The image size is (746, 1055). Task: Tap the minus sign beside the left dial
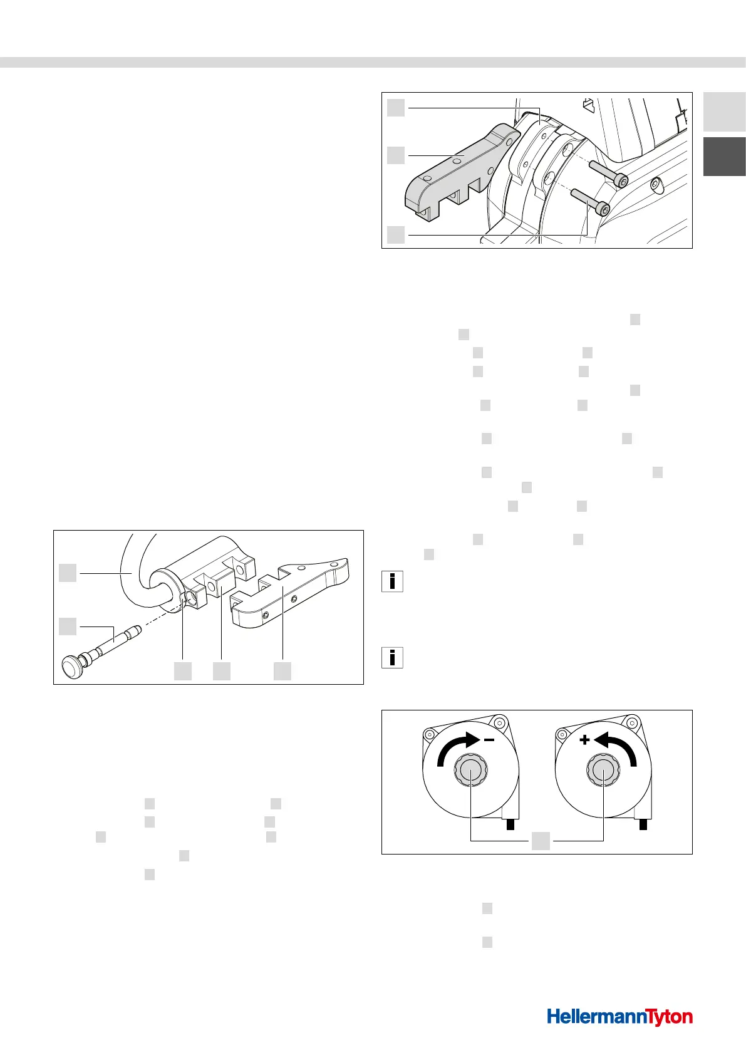click(489, 740)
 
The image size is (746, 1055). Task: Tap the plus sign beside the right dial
click(584, 740)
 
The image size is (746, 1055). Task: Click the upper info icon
click(392, 582)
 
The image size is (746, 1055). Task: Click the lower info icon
click(392, 657)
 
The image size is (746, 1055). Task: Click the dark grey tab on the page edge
click(724, 157)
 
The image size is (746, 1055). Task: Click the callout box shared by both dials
click(541, 841)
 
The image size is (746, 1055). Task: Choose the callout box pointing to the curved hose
click(68, 572)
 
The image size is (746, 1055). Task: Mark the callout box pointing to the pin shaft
click(68, 626)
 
